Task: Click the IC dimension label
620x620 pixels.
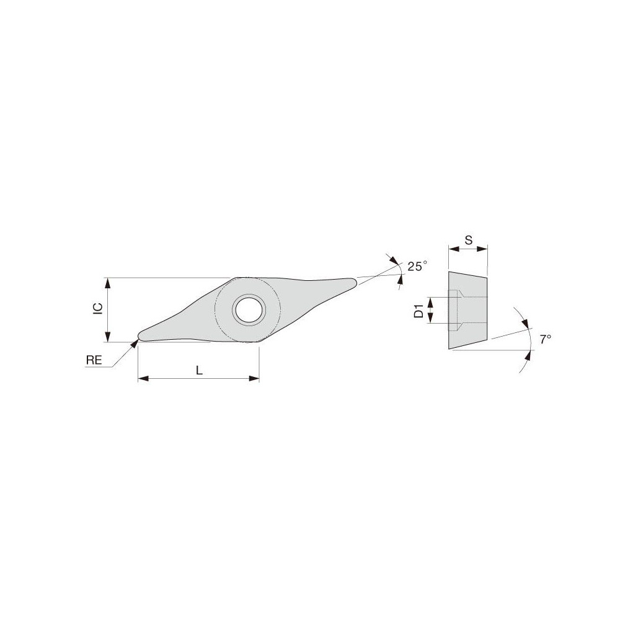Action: coord(97,309)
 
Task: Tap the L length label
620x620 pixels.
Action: coord(198,370)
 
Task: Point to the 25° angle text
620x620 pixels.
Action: coord(417,266)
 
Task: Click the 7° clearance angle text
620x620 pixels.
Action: coord(545,339)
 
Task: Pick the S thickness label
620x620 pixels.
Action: coord(468,239)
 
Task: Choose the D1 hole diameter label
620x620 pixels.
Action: coord(418,311)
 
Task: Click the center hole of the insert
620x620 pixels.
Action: coord(248,309)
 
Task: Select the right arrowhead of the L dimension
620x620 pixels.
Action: coord(254,378)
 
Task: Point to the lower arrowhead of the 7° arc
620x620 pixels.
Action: coord(529,354)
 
